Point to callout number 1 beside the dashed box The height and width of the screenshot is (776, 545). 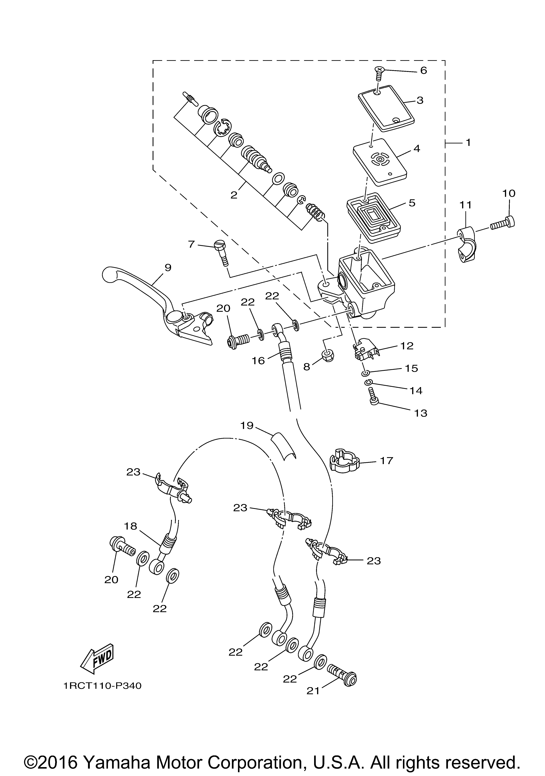coord(468,143)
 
